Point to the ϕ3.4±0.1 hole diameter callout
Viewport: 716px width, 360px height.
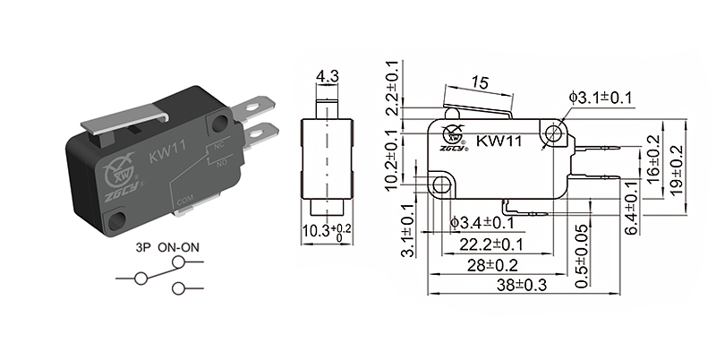tap(482, 222)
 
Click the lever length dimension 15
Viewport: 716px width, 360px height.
tap(479, 82)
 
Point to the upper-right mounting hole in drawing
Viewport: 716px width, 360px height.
tap(554, 134)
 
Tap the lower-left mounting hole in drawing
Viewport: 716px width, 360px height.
tap(440, 185)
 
